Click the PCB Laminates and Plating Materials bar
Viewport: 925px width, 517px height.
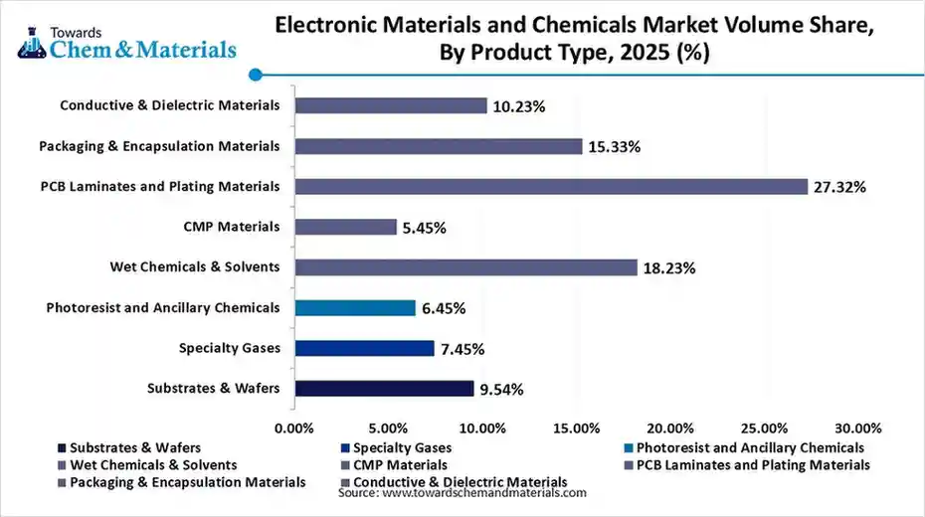552,186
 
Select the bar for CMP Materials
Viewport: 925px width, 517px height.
346,227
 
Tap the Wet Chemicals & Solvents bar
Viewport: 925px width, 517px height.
466,267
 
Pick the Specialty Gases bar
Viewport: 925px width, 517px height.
365,348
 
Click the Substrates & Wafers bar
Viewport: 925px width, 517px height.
384,389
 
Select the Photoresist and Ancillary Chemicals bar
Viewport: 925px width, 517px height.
355,308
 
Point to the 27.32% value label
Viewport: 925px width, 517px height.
840,187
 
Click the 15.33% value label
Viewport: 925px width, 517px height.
615,147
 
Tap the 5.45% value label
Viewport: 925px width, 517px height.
425,228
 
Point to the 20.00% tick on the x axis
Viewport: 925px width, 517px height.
669,429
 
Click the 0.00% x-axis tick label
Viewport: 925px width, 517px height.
293,429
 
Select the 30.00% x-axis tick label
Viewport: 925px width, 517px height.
857,429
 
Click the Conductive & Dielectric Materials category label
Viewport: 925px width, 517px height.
169,105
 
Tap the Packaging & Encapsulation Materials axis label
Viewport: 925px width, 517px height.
159,146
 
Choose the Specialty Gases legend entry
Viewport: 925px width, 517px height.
402,448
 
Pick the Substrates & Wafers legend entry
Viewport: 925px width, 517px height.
135,448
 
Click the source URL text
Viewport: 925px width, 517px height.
462,493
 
